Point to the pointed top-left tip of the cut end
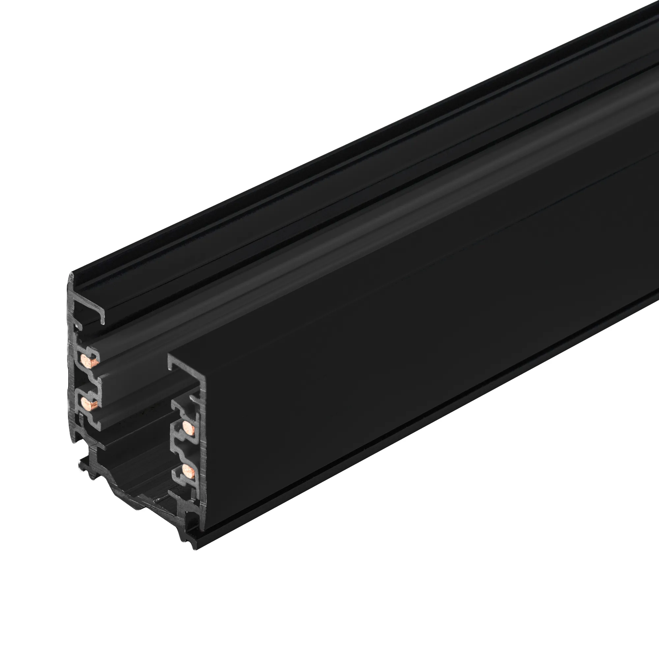point(71,275)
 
